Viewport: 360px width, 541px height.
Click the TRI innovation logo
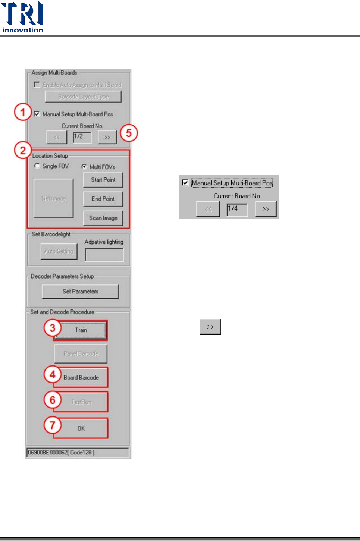tap(22, 17)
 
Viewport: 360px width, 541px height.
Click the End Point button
tap(103, 199)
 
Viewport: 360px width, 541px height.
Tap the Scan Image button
tap(103, 218)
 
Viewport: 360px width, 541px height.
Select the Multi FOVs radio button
tap(84, 167)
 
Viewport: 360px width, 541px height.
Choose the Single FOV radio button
tap(37, 166)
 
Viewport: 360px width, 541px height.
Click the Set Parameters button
tap(80, 292)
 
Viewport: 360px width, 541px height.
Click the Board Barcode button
tap(81, 377)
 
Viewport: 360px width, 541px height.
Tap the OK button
tap(81, 428)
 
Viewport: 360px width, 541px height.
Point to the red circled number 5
tap(129, 133)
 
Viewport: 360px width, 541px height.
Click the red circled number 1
tap(23, 112)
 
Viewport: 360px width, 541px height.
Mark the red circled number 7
tap(53, 425)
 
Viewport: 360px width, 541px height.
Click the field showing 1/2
tap(82, 137)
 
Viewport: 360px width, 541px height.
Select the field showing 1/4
tap(237, 209)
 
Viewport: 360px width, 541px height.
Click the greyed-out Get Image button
tap(54, 198)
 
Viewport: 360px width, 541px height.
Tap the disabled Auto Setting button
tap(59, 251)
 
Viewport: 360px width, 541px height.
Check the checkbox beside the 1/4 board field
tap(185, 183)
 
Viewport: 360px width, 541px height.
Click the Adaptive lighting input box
tap(104, 255)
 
